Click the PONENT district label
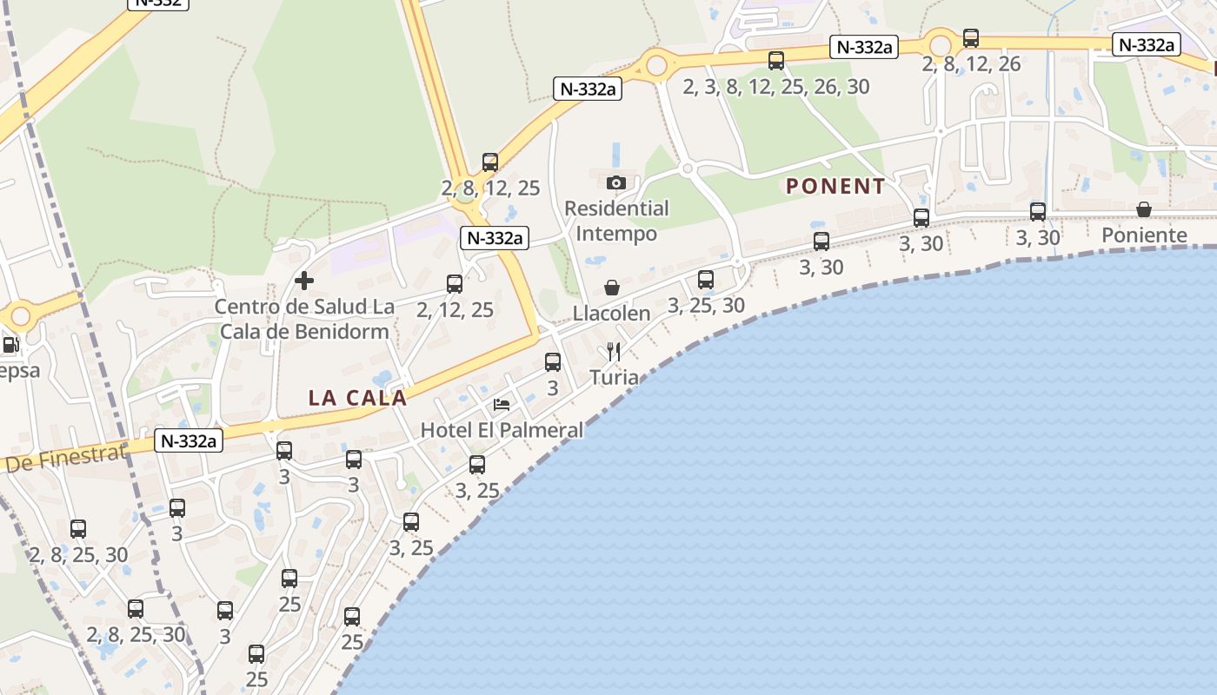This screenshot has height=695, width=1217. [x=835, y=186]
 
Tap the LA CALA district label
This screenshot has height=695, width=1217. [x=357, y=398]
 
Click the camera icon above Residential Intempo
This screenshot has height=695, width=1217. [x=616, y=182]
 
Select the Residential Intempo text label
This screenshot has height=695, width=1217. [x=616, y=221]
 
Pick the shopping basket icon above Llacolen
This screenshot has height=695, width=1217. [x=612, y=288]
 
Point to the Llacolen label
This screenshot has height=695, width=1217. [x=612, y=314]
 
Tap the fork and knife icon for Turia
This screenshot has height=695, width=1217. [x=614, y=351]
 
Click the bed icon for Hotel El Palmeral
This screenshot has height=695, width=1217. [x=502, y=404]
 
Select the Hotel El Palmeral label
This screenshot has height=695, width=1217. [x=502, y=429]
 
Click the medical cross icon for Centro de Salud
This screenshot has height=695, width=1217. [x=304, y=281]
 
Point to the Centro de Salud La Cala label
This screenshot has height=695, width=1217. [x=304, y=319]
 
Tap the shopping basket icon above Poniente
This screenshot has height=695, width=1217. [x=1144, y=209]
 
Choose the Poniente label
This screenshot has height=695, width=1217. [x=1144, y=235]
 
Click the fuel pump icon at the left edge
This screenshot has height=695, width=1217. [x=10, y=345]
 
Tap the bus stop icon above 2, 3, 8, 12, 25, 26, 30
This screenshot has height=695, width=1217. [x=776, y=61]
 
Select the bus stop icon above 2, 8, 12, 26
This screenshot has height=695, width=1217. [x=971, y=38]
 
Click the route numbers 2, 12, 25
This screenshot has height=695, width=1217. [x=455, y=309]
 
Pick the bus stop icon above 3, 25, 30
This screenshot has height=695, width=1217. [x=706, y=280]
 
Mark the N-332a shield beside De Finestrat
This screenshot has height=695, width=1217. [x=187, y=441]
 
